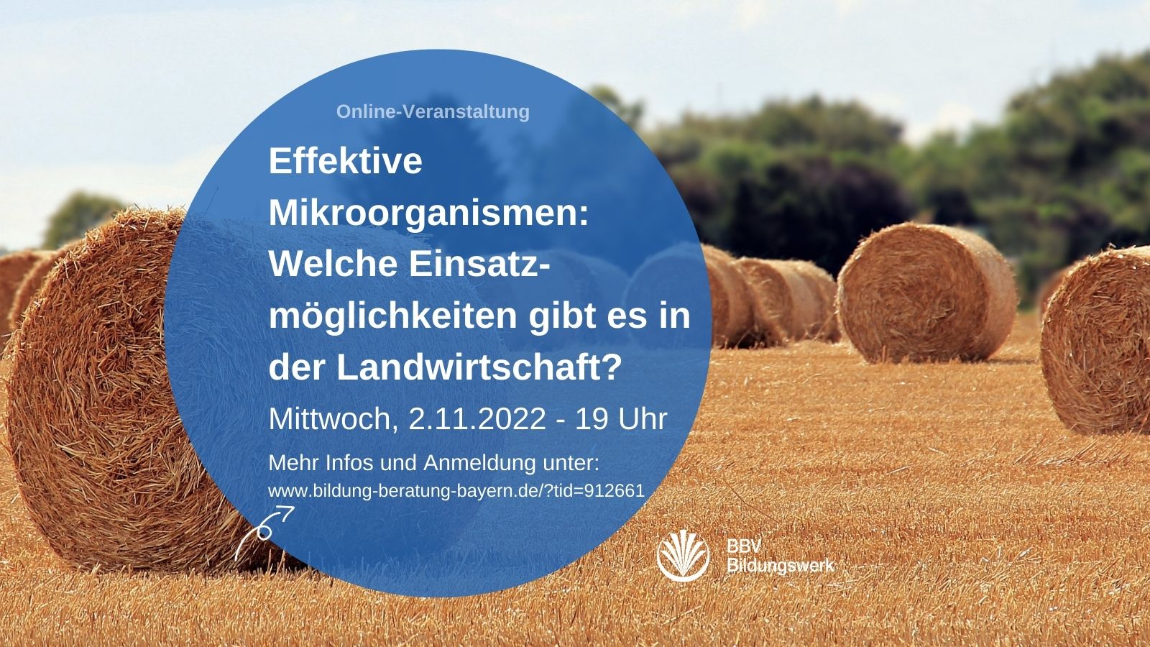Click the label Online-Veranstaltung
[433, 112]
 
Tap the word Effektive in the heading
[346, 161]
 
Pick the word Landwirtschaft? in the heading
[479, 367]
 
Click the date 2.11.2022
[477, 419]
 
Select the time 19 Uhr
[621, 419]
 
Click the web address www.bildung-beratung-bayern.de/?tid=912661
[456, 491]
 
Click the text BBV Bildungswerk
[781, 556]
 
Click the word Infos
[349, 463]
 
